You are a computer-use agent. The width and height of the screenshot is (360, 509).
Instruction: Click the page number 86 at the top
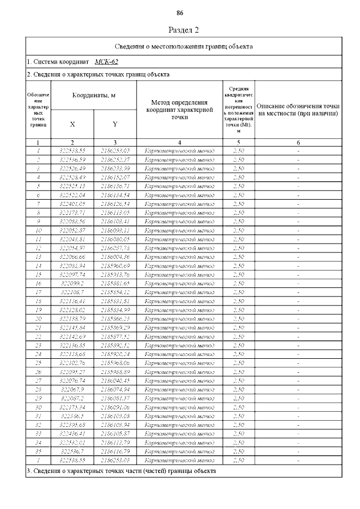click(180, 13)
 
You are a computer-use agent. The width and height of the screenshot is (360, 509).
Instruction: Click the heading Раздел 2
click(184, 30)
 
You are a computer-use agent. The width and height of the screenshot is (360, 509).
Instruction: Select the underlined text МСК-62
click(106, 61)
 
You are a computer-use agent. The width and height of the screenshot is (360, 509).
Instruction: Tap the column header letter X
click(73, 124)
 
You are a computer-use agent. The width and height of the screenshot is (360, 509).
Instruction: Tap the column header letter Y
click(115, 124)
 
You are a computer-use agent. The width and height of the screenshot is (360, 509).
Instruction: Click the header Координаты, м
click(94, 96)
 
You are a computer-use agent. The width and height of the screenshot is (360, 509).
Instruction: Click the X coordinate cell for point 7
click(72, 204)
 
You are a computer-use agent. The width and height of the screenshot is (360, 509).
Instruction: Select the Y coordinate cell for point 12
click(115, 248)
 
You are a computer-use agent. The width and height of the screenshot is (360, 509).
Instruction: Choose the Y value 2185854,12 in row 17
click(115, 292)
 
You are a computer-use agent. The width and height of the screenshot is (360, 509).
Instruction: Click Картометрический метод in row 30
click(179, 407)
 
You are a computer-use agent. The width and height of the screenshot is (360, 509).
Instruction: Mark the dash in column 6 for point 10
click(298, 230)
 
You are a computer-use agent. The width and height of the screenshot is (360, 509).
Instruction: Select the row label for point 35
click(38, 451)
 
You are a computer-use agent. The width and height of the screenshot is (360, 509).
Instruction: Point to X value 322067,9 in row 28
click(72, 389)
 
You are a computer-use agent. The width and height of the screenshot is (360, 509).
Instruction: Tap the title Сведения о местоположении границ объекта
click(184, 46)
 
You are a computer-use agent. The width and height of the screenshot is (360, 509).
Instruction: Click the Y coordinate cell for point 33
click(115, 434)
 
